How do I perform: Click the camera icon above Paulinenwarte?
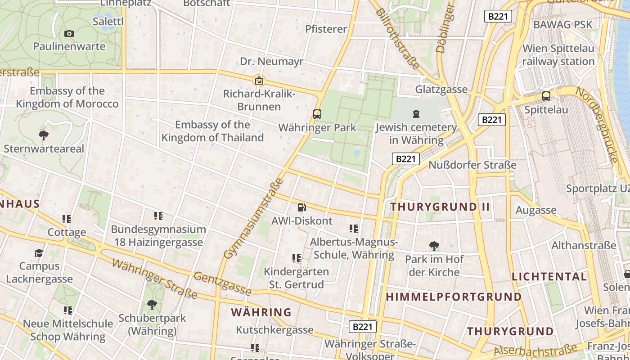(69, 33)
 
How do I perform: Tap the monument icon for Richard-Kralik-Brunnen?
(259, 81)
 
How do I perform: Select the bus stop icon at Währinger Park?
(317, 114)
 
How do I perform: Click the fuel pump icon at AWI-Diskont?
(301, 207)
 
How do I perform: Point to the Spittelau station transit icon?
(546, 96)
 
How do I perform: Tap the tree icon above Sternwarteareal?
(44, 135)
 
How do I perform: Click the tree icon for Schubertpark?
(152, 305)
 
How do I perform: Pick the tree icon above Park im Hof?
(434, 246)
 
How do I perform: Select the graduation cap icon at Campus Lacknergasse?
(39, 253)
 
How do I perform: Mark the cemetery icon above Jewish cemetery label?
(416, 114)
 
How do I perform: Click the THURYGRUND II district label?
(440, 207)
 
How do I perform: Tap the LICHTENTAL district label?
(549, 276)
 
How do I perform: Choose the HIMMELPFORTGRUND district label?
(454, 297)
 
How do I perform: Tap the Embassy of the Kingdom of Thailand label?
(212, 131)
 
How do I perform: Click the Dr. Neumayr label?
(271, 61)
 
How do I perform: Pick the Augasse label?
(536, 210)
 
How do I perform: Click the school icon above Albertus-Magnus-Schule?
(354, 229)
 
